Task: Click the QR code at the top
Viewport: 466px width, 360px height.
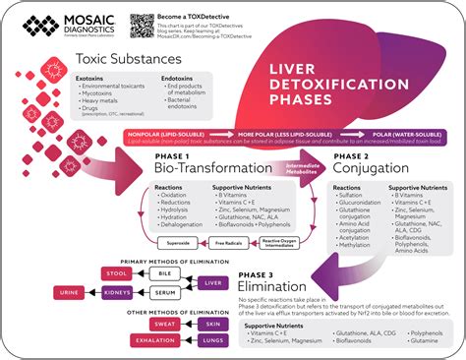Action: click(x=140, y=26)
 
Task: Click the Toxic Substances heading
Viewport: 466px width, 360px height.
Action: click(x=115, y=60)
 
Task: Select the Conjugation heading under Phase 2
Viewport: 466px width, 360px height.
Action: click(x=372, y=168)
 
